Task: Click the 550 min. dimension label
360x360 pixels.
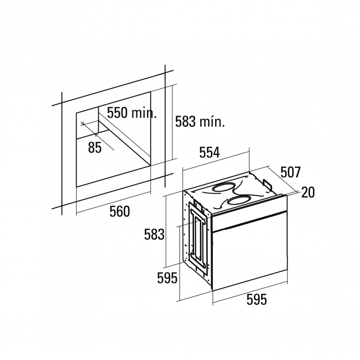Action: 132,113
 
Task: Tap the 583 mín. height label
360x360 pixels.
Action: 200,121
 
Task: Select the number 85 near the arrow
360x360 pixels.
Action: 94,148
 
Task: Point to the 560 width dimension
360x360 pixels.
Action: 120,211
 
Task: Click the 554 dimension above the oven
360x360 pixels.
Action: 209,152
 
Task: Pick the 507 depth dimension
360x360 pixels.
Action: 290,172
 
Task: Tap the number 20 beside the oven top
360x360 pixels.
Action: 308,193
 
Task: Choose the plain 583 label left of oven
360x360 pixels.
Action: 154,234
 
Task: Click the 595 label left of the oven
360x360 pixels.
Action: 167,278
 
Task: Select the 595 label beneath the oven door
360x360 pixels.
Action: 256,300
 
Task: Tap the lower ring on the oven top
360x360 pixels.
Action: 239,201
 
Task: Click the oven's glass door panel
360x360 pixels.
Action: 250,251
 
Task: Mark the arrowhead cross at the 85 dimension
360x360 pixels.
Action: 83,123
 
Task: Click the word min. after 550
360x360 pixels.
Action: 144,113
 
